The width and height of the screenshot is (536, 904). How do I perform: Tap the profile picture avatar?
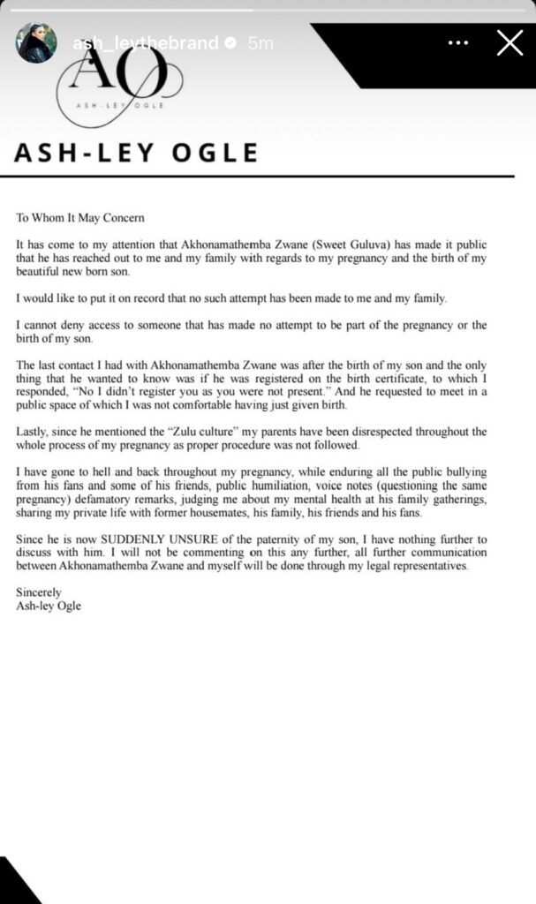36,42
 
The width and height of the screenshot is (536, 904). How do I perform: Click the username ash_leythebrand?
145,42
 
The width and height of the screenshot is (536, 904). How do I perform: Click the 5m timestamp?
260,42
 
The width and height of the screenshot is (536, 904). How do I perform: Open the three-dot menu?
458,42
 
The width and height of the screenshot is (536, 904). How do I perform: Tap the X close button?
510,42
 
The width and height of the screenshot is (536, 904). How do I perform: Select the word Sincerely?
39,593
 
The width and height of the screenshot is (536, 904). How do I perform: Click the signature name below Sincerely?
49,606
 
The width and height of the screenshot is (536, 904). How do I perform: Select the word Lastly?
34,432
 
